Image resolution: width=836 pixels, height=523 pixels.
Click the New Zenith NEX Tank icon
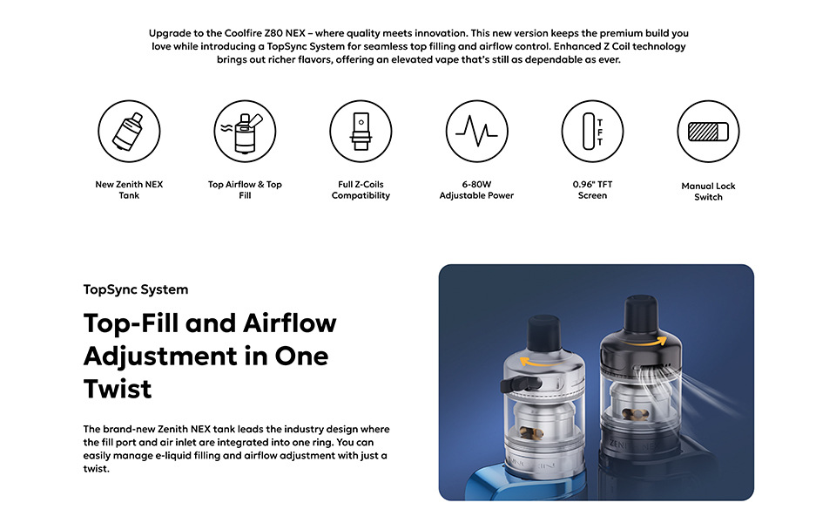129,132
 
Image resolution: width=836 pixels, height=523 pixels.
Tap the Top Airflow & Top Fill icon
245,132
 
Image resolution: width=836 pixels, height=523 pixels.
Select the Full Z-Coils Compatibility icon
361,132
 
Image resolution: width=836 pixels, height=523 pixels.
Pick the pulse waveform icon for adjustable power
476,132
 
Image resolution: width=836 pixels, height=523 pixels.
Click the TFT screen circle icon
592,132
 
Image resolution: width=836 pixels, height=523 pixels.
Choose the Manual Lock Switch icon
708,132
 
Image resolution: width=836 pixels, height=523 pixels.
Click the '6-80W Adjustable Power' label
476,190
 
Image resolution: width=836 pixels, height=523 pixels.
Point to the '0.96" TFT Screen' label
592,190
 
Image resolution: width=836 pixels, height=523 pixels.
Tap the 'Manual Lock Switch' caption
708,192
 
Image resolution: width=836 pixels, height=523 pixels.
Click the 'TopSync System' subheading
136,289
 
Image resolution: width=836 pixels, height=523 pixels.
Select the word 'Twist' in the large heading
118,389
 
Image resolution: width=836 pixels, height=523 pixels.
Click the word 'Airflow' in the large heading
290,323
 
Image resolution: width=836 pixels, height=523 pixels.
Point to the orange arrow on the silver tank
541,363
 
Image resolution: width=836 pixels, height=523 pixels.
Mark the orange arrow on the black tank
649,342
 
